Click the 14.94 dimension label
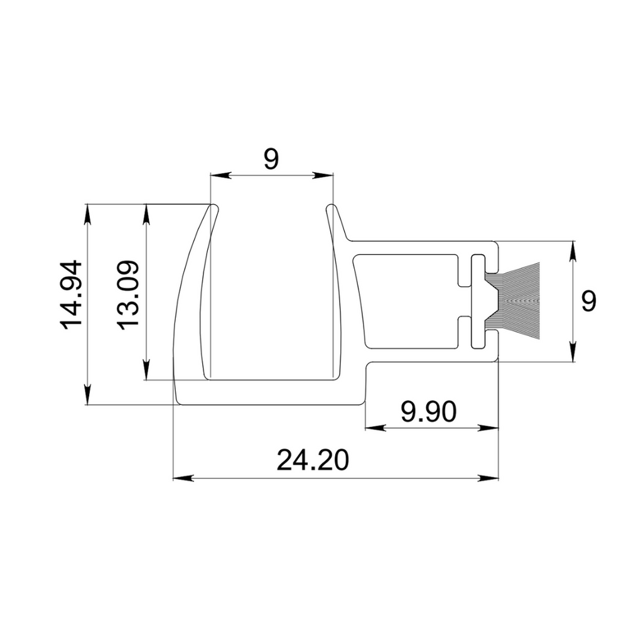coord(70,294)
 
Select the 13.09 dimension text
coord(128,294)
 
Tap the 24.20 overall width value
coord(312,461)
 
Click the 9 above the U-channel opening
coord(270,159)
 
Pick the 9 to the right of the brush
coord(588,301)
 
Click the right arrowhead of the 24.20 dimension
coord(489,478)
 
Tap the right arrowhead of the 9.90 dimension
coord(489,429)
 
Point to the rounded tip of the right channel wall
coord(331,207)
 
